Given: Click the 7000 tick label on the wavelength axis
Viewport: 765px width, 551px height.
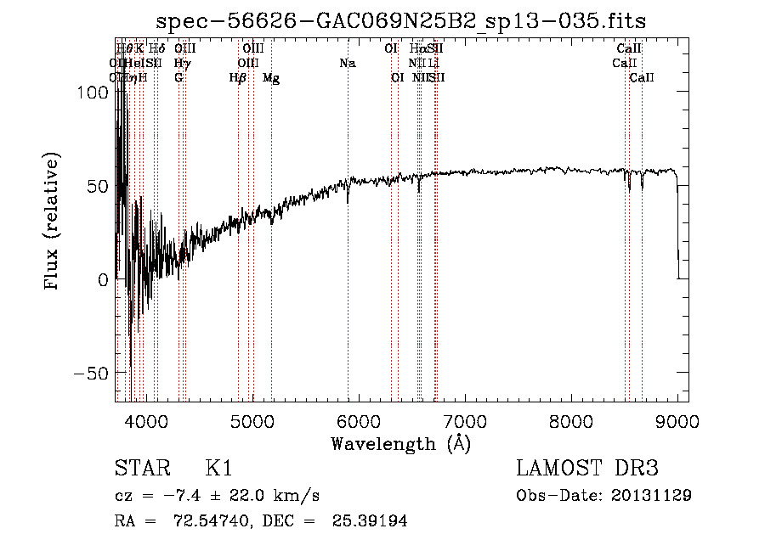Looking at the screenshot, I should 464,419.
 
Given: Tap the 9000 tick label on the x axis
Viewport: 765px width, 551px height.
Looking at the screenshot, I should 677,419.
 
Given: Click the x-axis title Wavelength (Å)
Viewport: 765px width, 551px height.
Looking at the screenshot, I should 400,443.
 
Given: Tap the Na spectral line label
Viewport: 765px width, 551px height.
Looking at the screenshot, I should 347,63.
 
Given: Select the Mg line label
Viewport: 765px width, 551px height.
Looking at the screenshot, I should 271,77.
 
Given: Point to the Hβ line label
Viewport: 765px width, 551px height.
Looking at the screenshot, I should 238,77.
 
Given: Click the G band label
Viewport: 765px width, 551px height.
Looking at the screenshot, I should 178,77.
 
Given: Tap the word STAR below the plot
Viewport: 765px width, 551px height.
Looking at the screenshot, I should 140,469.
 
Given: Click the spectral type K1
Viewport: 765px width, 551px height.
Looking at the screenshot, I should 218,469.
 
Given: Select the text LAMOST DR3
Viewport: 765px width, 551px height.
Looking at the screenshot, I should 586,469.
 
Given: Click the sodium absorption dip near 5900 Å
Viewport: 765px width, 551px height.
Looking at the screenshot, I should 347,198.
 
